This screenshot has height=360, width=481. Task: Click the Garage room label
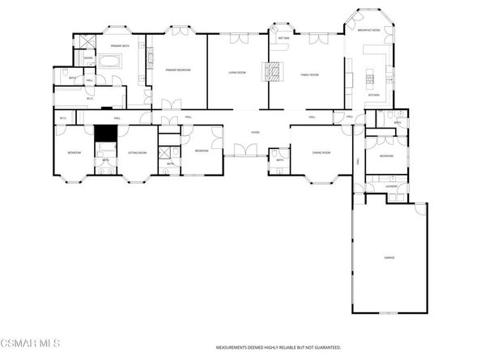pyautogui.click(x=389, y=258)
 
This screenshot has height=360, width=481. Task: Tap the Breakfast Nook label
pyautogui.click(x=368, y=31)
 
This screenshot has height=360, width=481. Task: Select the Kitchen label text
pyautogui.click(x=373, y=95)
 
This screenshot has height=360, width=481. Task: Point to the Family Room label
pyautogui.click(x=309, y=74)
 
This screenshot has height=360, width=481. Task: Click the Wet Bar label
pyautogui.click(x=284, y=38)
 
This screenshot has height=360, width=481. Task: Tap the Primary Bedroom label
pyautogui.click(x=177, y=70)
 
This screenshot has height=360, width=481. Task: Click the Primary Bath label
pyautogui.click(x=121, y=47)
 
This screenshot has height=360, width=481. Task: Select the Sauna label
pyautogui.click(x=88, y=59)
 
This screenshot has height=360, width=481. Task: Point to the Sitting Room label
pyautogui.click(x=137, y=152)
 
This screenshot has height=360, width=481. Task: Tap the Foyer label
pyautogui.click(x=255, y=132)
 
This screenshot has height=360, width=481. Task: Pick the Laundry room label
pyautogui.click(x=391, y=186)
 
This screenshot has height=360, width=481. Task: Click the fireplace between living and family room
pyautogui.click(x=275, y=72)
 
